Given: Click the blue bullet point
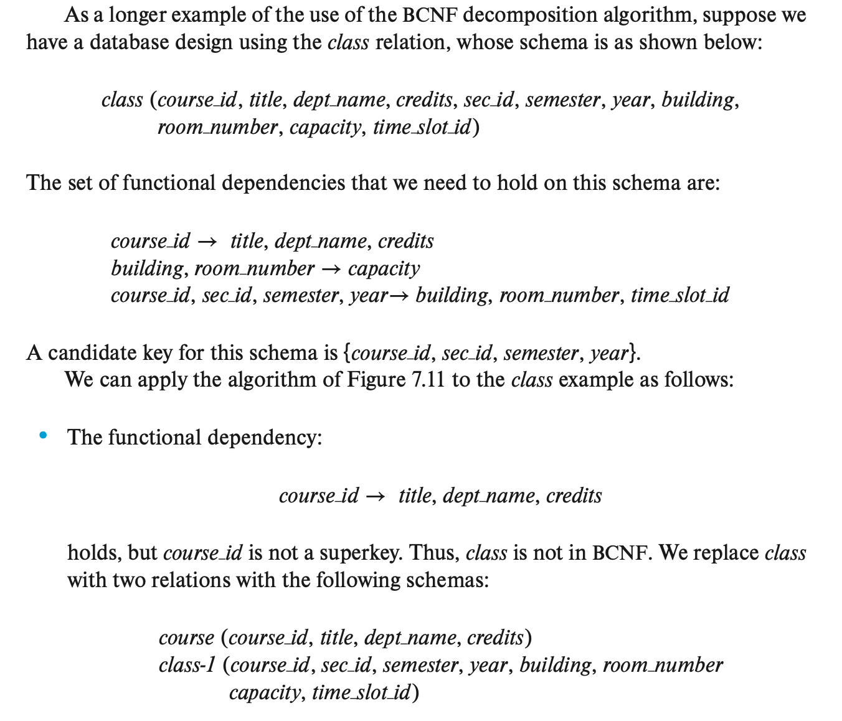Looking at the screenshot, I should click(x=43, y=436).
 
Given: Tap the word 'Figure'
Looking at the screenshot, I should click(x=376, y=380).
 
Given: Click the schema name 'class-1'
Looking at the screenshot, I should click(x=187, y=665).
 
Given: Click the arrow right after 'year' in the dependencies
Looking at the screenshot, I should click(x=400, y=296).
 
